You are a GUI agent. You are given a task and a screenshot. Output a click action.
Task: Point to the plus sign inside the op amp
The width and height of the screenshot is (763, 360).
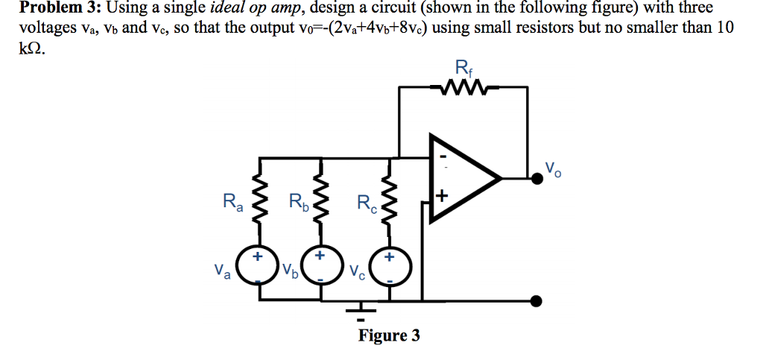(442, 196)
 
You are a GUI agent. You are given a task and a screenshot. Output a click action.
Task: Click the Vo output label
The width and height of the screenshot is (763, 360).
(554, 168)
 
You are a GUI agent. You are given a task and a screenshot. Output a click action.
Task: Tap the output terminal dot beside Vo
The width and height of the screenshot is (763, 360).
(534, 177)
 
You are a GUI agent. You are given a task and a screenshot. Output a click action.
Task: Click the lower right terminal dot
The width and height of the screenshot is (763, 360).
(534, 300)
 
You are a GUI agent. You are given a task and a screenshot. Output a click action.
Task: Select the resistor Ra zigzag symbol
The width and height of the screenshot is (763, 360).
(259, 201)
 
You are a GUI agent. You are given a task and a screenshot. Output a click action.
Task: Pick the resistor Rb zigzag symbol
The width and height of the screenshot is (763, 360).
(322, 201)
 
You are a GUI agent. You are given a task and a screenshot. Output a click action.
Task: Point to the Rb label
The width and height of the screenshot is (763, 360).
(297, 201)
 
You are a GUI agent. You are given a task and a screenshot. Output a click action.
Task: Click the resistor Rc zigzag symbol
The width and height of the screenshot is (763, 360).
(387, 201)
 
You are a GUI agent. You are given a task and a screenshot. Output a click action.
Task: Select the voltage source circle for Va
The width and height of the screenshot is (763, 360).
(257, 266)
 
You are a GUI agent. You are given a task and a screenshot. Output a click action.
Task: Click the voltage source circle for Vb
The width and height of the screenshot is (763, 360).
(321, 266)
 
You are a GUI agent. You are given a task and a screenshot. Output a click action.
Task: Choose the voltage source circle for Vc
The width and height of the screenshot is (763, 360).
(387, 266)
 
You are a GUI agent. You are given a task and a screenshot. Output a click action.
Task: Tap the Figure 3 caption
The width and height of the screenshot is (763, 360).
(389, 335)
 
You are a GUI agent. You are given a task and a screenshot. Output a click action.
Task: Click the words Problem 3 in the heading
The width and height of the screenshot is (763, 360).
(52, 9)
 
